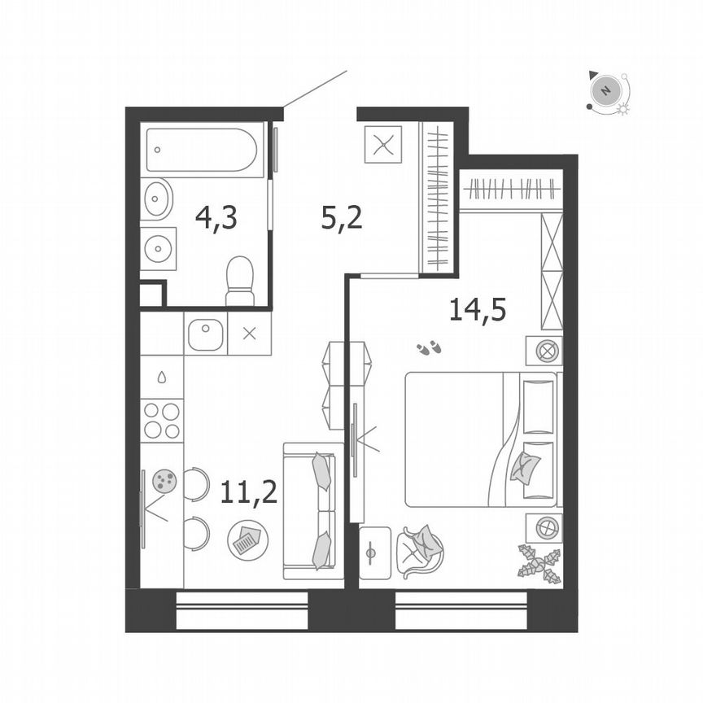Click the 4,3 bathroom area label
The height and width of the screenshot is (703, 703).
(x=216, y=218)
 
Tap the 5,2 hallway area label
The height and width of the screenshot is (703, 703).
(x=340, y=218)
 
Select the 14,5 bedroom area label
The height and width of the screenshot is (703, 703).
(x=478, y=309)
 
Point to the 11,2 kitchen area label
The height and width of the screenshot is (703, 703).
(x=248, y=491)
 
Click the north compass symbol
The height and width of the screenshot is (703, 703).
(x=605, y=90)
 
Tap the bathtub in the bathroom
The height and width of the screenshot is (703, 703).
(x=203, y=151)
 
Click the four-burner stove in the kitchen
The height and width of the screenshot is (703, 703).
(x=162, y=421)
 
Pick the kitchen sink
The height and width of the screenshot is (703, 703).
(x=205, y=334)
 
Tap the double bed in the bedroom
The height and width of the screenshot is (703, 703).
(x=480, y=439)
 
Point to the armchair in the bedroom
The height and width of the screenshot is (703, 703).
(x=419, y=551)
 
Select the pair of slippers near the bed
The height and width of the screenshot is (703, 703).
(x=429, y=349)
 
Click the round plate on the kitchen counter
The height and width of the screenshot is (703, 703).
(x=165, y=480)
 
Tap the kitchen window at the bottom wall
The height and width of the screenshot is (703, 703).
(x=242, y=610)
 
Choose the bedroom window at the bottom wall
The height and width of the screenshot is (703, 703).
(x=461, y=610)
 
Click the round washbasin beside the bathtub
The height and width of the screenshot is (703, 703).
(x=156, y=198)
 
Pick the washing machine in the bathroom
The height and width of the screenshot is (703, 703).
(x=158, y=247)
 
